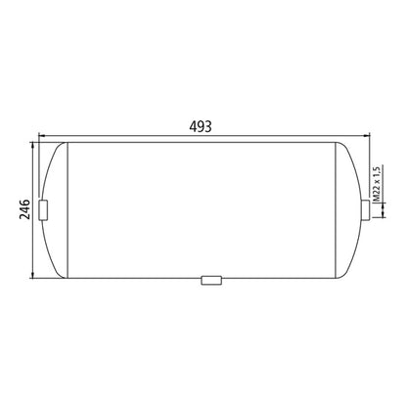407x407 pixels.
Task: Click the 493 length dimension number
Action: (202, 126)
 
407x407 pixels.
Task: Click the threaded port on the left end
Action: (44, 209)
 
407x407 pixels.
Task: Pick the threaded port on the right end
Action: (365, 209)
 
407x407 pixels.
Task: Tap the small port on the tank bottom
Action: (210, 280)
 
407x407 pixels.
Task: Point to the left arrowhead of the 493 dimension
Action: (39, 137)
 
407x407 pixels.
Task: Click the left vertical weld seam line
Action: (68, 209)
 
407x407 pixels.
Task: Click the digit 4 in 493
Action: (193, 126)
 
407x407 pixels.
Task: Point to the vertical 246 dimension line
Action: (35, 235)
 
